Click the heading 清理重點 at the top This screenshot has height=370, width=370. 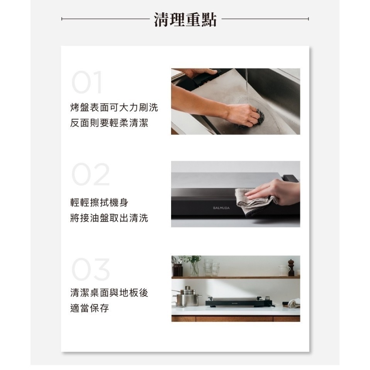pyautogui.click(x=185, y=19)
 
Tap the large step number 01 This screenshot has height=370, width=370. pyautogui.click(x=87, y=82)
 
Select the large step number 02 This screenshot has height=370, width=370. pyautogui.click(x=90, y=175)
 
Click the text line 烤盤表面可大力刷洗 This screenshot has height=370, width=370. pyautogui.click(x=114, y=107)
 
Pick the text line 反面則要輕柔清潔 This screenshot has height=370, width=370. pyautogui.click(x=109, y=123)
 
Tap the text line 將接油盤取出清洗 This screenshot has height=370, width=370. pyautogui.click(x=109, y=218)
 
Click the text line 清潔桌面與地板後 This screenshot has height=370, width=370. pyautogui.click(x=109, y=293)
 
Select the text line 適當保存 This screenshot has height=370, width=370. pyautogui.click(x=89, y=309)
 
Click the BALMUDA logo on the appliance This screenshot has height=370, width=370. pyautogui.click(x=221, y=208)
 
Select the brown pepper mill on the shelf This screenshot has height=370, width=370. pyautogui.click(x=291, y=268)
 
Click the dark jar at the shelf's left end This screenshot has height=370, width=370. pyautogui.click(x=178, y=269)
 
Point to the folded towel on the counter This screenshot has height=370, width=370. pyautogui.click(x=294, y=303)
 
